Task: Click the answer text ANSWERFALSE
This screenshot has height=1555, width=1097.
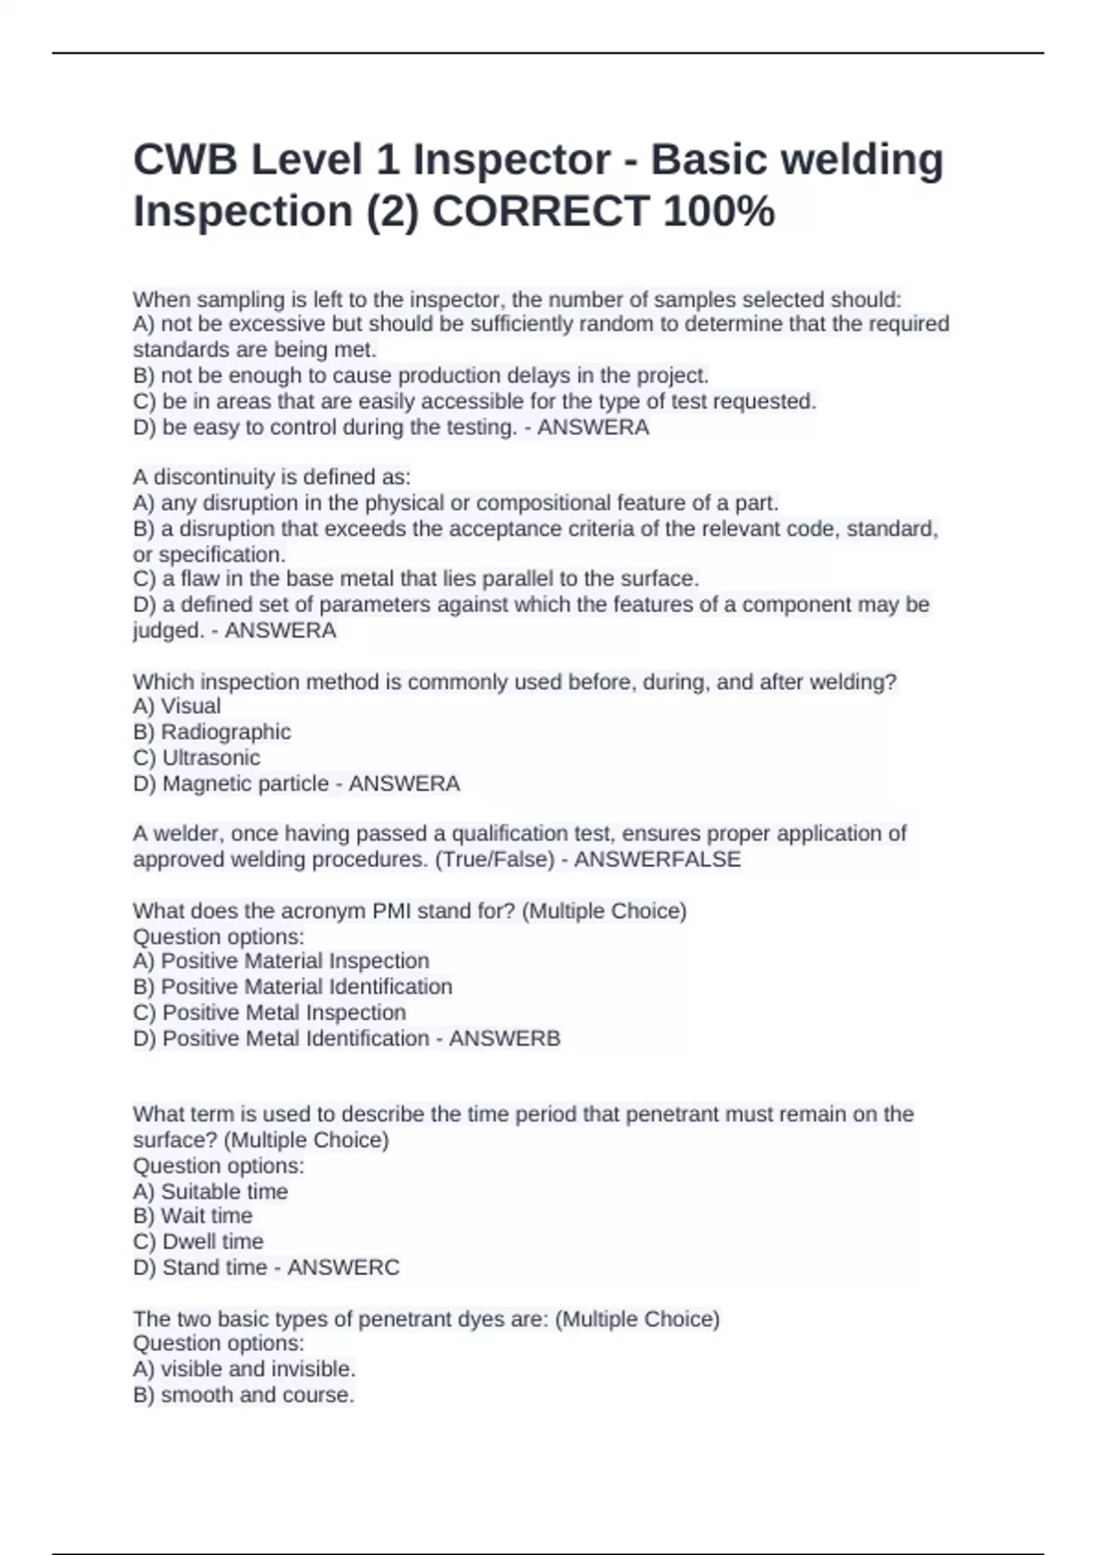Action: (657, 860)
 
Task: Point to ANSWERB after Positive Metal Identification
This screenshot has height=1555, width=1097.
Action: (505, 1038)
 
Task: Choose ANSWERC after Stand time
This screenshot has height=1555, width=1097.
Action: (344, 1267)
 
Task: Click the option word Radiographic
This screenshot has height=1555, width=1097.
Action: (226, 732)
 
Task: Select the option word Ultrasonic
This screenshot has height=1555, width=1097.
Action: (211, 757)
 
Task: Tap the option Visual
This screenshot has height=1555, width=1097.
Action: (190, 706)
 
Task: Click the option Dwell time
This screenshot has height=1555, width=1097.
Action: (212, 1241)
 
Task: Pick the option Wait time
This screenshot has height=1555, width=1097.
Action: (207, 1216)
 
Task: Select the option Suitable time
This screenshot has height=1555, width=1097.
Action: (224, 1191)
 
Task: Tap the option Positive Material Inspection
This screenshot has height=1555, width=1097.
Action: (294, 960)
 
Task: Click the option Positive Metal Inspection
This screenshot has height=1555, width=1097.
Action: (283, 1013)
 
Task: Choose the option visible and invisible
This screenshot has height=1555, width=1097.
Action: (258, 1369)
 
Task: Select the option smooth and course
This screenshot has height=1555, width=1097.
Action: (257, 1395)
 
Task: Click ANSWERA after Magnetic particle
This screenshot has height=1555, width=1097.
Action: (404, 784)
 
